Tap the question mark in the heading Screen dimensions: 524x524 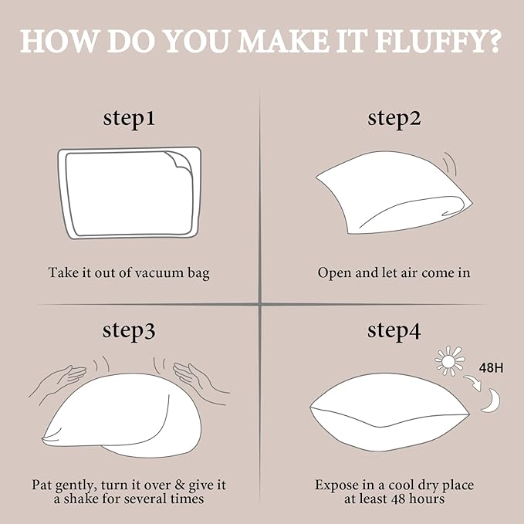(491, 41)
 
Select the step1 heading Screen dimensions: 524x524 (129, 119)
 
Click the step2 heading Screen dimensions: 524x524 (394, 119)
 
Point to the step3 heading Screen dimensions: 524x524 (129, 331)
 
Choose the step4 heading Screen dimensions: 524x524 (394, 331)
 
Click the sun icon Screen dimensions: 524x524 (450, 361)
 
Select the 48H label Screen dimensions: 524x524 (491, 368)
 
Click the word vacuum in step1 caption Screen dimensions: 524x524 (159, 273)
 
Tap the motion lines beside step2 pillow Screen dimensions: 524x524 (450, 163)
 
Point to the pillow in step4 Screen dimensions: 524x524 (389, 412)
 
